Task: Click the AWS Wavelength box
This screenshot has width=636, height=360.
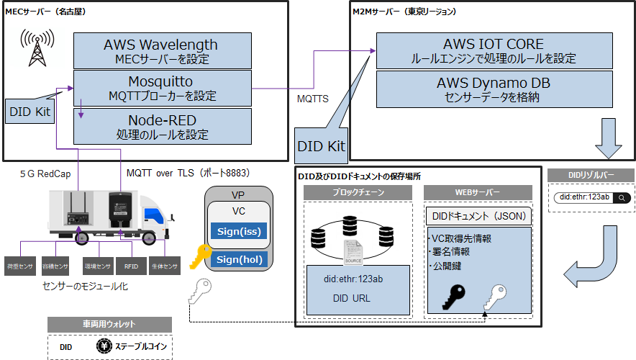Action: (162, 50)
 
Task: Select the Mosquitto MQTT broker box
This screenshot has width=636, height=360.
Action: (162, 88)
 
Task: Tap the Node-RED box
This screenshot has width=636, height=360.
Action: (162, 125)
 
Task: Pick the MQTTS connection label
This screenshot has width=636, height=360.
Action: (313, 99)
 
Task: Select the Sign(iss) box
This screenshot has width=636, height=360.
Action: (238, 230)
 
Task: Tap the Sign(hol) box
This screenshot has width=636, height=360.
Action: (238, 259)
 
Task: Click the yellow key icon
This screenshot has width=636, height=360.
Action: (198, 258)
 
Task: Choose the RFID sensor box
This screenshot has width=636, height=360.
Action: (131, 266)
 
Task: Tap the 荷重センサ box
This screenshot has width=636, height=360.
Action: (19, 266)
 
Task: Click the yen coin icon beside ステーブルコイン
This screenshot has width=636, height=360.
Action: (103, 346)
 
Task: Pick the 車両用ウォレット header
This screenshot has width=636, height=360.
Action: (109, 324)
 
